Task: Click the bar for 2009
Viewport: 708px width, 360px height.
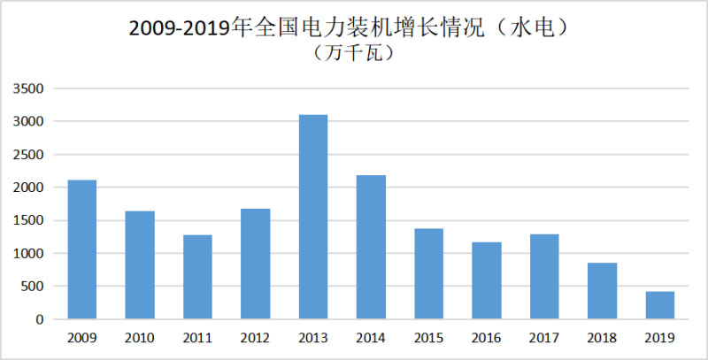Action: click(x=81, y=249)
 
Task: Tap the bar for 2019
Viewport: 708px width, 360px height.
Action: click(x=660, y=305)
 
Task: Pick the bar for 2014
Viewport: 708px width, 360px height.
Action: click(x=371, y=247)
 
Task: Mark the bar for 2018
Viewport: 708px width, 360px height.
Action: click(x=603, y=291)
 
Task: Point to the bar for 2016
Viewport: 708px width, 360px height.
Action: click(x=487, y=280)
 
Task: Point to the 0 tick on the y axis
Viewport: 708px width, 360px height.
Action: click(x=40, y=319)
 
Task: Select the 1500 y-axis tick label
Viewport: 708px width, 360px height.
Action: click(x=28, y=220)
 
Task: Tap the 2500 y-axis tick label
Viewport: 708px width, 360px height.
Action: click(x=28, y=155)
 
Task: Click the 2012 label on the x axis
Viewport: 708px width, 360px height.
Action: click(x=255, y=337)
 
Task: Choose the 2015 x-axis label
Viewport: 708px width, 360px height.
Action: click(x=429, y=337)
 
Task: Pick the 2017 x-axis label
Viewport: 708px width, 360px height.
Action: click(x=545, y=337)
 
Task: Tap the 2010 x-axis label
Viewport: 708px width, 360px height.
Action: click(x=139, y=337)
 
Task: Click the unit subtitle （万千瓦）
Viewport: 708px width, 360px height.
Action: click(x=353, y=53)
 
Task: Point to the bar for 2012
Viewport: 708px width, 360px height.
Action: click(x=255, y=264)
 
